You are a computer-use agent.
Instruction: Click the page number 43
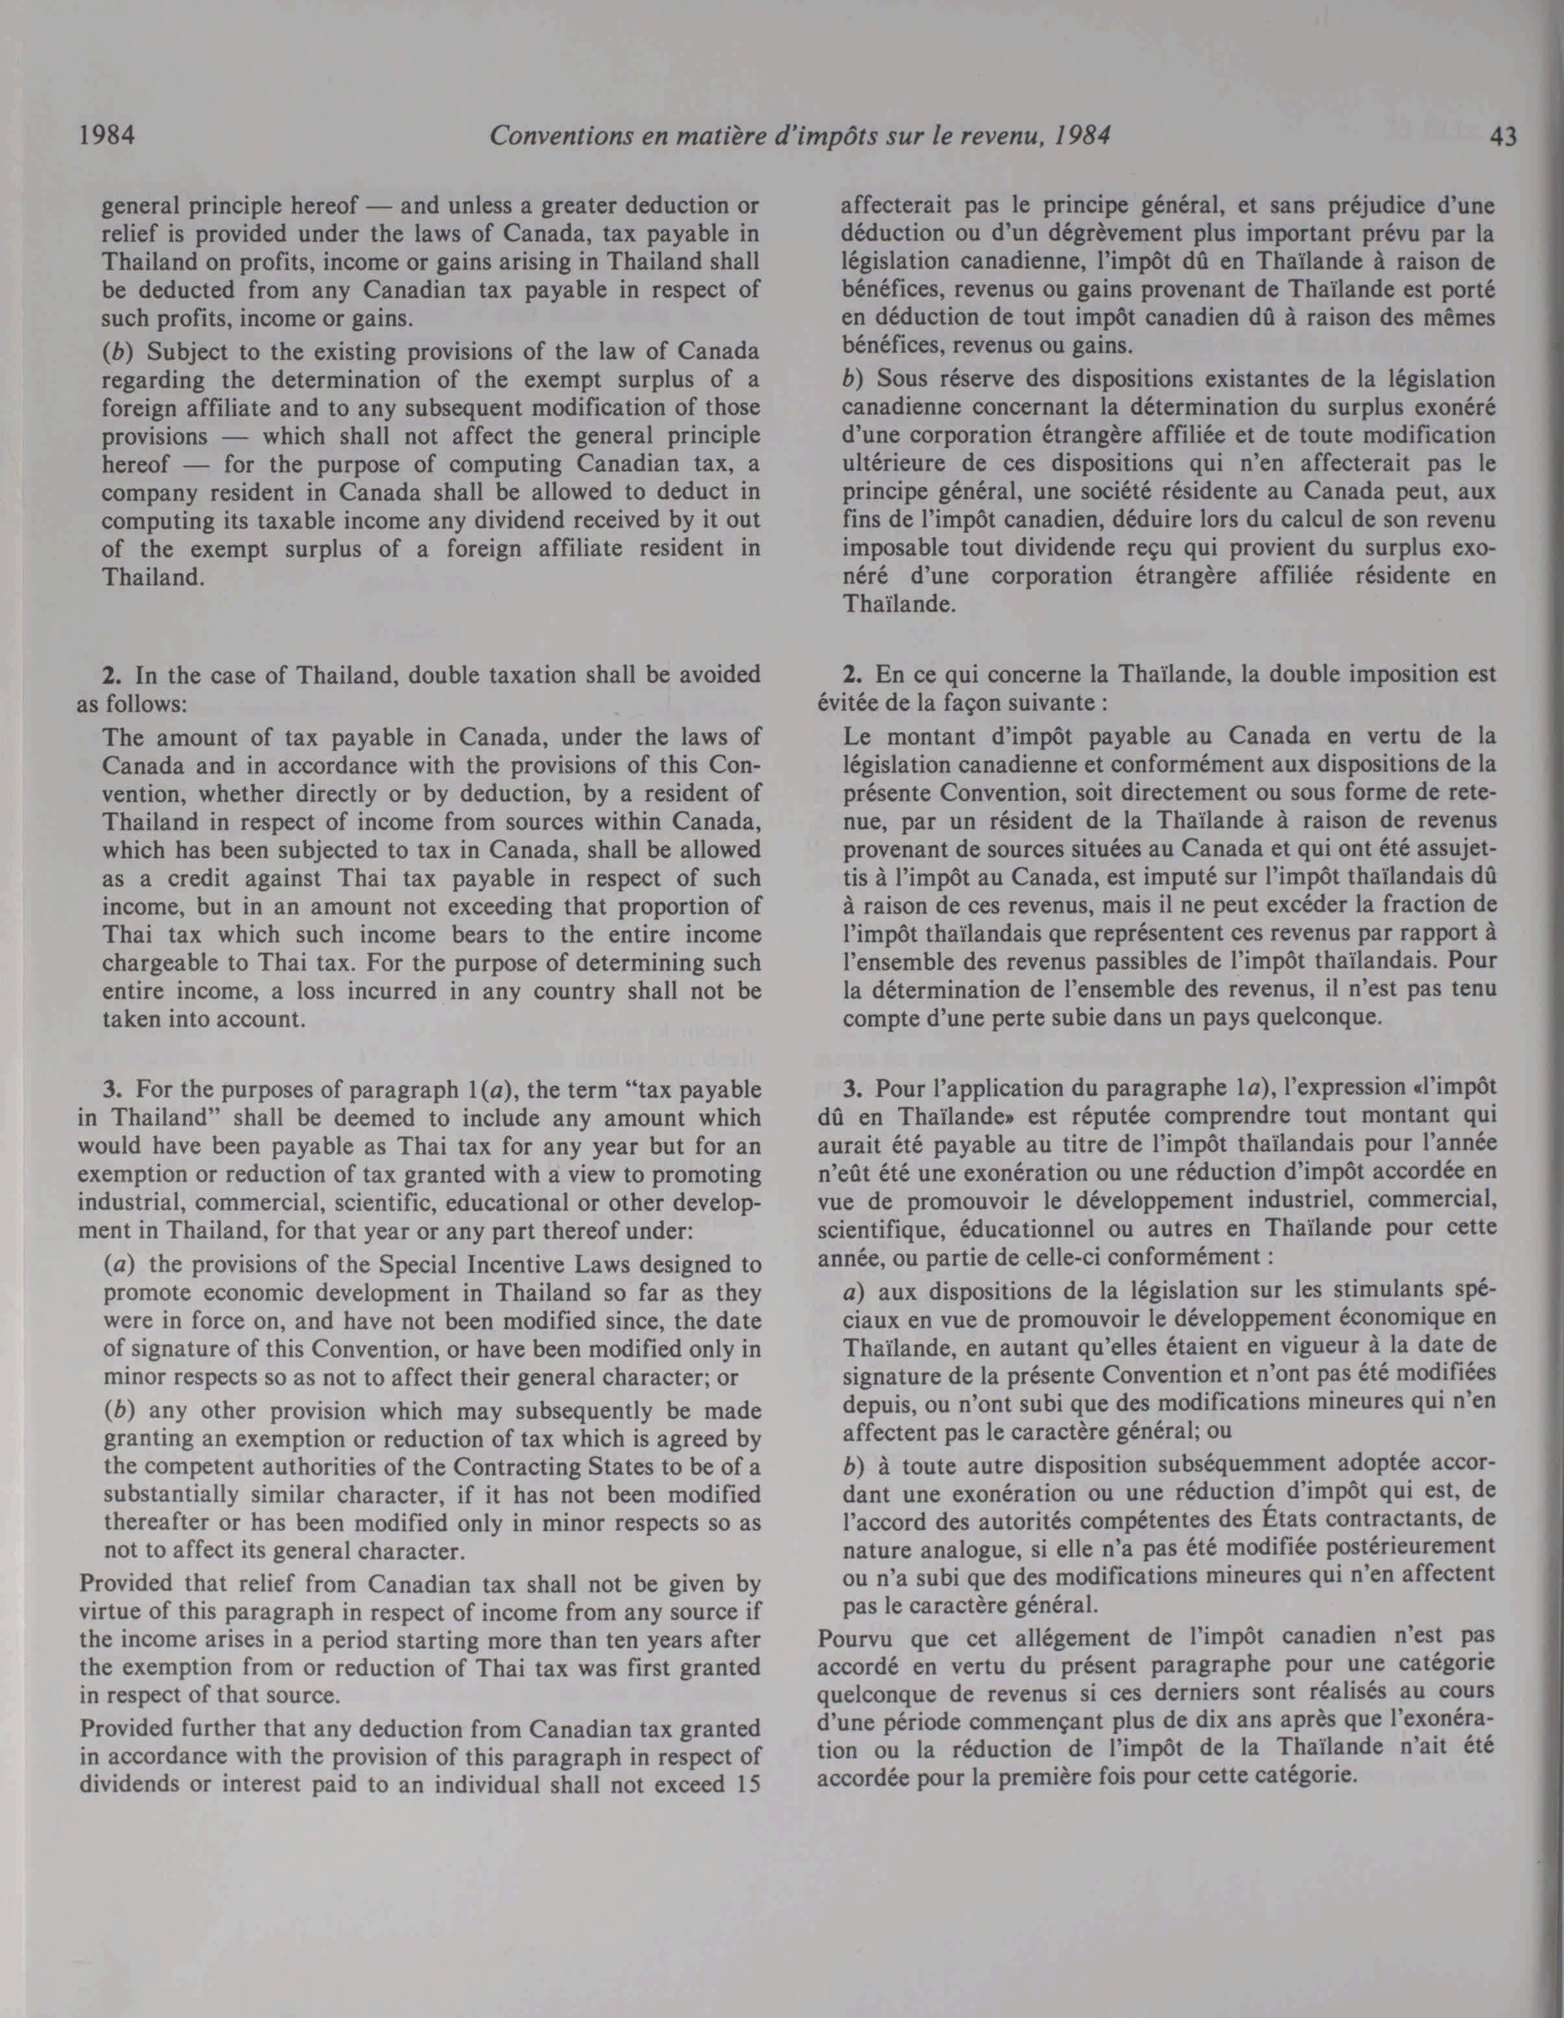click(x=1503, y=137)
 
